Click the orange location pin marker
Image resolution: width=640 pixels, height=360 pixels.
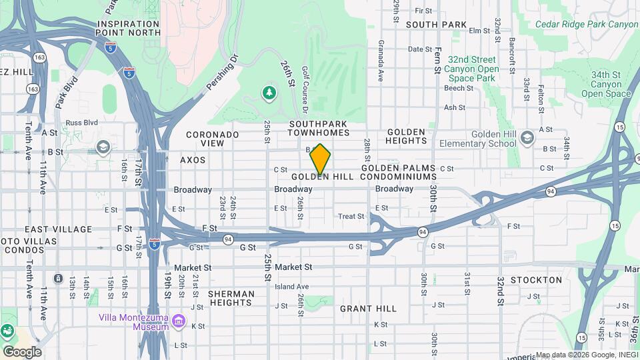click(320, 159)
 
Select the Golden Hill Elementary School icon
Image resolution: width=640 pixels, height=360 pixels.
click(527, 138)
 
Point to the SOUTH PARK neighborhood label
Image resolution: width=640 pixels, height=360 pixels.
click(435, 25)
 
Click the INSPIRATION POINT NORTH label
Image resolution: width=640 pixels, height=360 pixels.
click(129, 27)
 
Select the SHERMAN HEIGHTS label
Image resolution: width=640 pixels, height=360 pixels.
click(231, 298)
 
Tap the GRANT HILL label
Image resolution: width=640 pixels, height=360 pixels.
click(368, 309)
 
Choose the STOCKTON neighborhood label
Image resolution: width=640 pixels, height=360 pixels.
click(536, 280)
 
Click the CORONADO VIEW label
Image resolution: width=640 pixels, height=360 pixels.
click(212, 139)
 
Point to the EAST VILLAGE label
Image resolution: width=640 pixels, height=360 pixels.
click(58, 229)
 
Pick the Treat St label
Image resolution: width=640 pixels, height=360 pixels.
click(351, 217)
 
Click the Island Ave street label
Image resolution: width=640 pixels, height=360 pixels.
click(291, 287)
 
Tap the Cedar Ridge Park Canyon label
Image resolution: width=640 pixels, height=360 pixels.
click(587, 25)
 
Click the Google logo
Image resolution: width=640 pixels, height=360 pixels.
click(22, 351)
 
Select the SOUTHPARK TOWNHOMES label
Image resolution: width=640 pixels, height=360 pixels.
click(318, 129)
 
